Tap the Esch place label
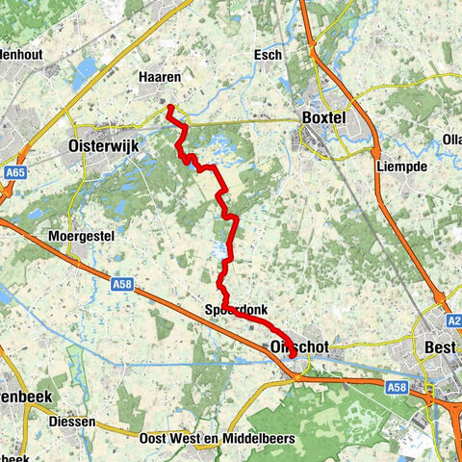tap(269, 55)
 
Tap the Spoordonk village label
tap(236, 310)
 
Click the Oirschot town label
tap(293, 344)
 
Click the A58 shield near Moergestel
tap(121, 284)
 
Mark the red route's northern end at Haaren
tap(169, 107)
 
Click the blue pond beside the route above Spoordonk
tap(222, 252)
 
